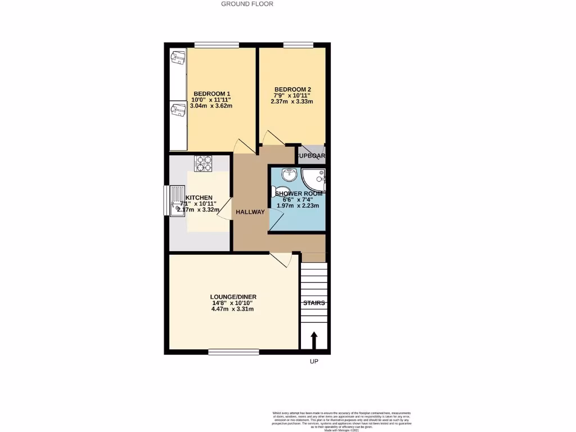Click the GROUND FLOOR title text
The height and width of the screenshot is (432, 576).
point(247,4)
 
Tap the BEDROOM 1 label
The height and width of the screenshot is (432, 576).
point(212,94)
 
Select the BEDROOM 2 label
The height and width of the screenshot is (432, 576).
point(292,89)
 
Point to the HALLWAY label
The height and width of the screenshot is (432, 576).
point(250,212)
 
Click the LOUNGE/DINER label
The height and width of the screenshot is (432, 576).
point(233,297)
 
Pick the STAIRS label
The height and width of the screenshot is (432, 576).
point(314,303)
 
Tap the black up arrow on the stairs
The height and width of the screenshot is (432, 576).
point(314,339)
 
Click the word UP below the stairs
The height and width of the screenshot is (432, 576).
point(314,361)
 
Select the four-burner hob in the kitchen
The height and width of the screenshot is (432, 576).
point(204,163)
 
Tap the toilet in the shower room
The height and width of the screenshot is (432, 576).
point(281,192)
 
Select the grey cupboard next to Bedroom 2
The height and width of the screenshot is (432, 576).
point(312,156)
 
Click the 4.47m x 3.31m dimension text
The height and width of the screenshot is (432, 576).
point(233,309)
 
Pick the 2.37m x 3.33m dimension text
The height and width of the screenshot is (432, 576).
point(292,102)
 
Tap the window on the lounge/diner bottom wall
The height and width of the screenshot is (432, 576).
point(233,352)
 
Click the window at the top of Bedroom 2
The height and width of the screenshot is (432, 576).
point(298,45)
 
